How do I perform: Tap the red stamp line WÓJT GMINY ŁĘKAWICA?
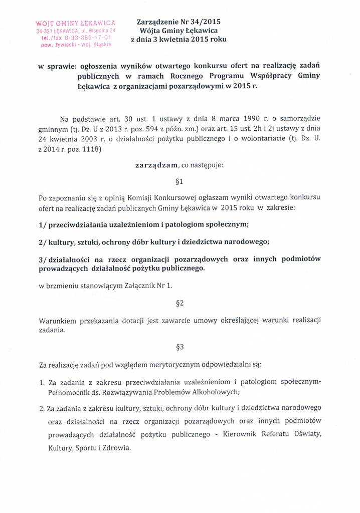75,23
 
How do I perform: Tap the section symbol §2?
181,303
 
